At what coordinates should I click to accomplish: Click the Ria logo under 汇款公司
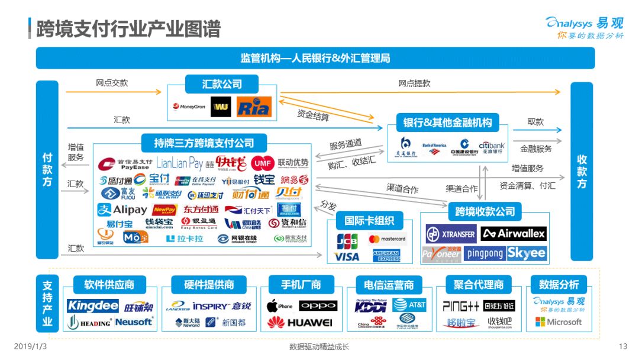(x=254, y=107)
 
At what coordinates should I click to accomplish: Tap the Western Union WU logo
(x=221, y=107)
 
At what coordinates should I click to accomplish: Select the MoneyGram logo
(x=189, y=107)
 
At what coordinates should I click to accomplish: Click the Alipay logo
(x=122, y=210)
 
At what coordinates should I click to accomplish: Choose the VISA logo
(x=347, y=256)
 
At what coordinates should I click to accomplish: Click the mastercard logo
(x=387, y=240)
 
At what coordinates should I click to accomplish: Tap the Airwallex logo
(x=514, y=234)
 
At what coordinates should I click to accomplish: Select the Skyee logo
(x=527, y=253)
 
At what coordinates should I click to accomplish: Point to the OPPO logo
(x=318, y=306)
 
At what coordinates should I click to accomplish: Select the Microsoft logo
(x=559, y=322)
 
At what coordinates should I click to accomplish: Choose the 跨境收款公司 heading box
(x=485, y=211)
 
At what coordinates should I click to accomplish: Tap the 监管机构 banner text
(x=315, y=59)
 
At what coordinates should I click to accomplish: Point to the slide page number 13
(x=622, y=346)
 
